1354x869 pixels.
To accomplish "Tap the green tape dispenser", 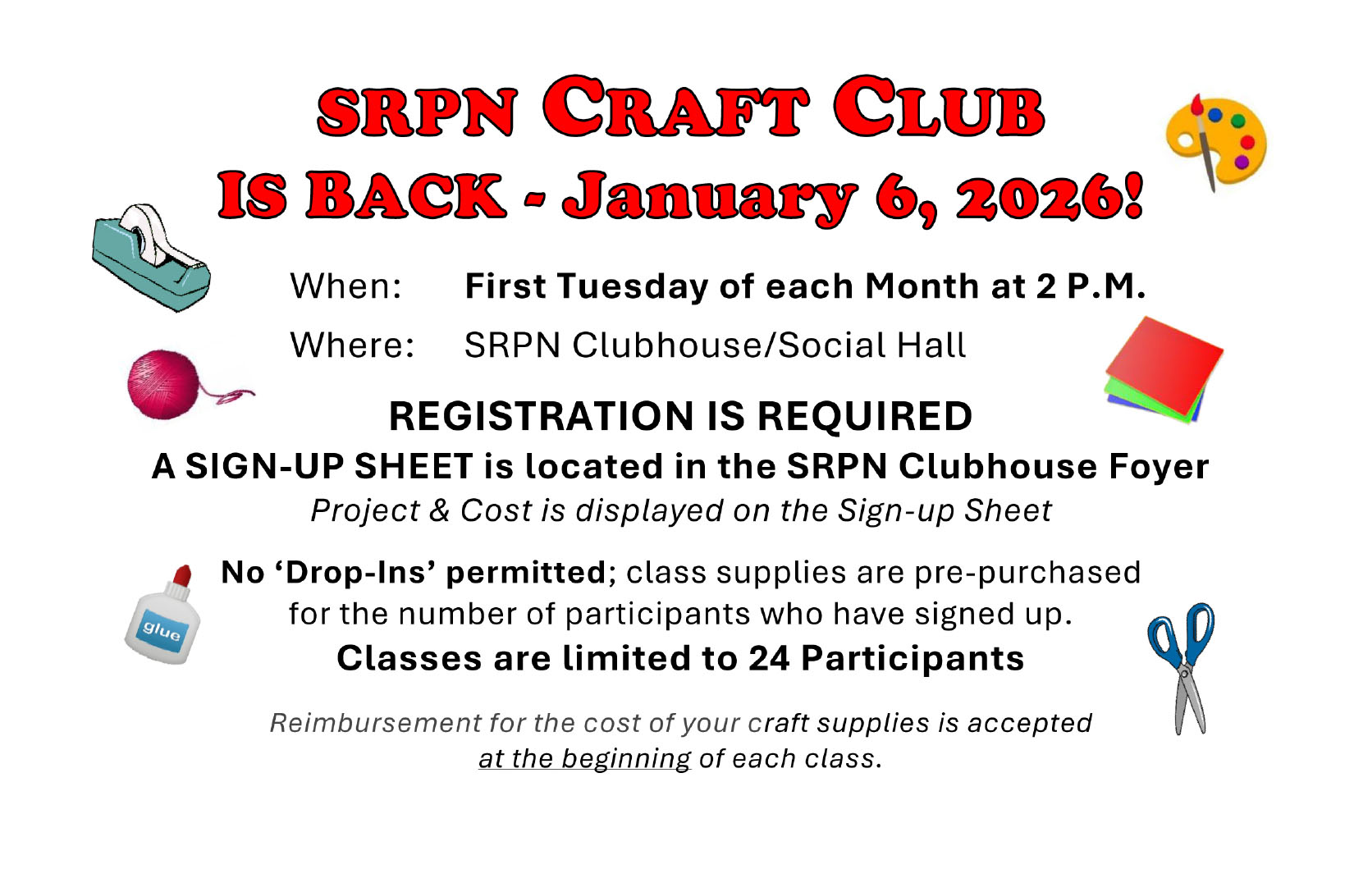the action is (151, 258).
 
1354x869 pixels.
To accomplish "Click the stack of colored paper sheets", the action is (1164, 370).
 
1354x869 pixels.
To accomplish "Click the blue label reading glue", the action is (162, 631).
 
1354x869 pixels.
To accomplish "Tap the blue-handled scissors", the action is (1182, 668).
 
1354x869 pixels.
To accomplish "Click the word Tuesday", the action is (632, 286).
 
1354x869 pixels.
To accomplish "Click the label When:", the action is (345, 286).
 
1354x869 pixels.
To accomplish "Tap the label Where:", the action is (352, 345).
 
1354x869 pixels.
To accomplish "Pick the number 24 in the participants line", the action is (768, 658).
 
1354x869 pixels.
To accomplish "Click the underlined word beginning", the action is (625, 759).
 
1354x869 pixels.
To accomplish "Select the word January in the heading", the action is (708, 199).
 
